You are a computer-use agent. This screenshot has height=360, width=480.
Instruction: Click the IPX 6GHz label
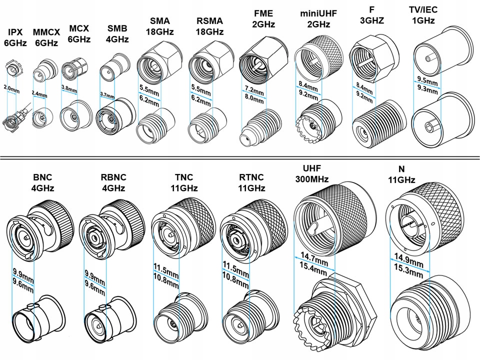coord(15,38)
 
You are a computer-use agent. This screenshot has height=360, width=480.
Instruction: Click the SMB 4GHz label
coord(117,33)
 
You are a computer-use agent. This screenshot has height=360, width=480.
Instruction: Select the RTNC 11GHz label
coord(251,183)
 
